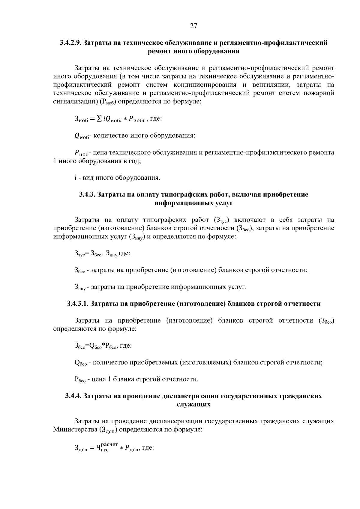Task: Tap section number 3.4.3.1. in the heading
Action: point(77,304)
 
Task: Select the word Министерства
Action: point(74,429)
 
